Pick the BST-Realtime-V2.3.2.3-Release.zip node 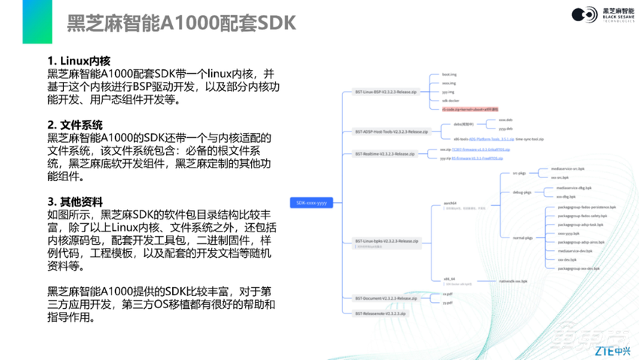(384, 153)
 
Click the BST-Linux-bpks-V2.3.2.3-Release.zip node (387, 241)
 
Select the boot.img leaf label (450, 75)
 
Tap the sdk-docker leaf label (451, 101)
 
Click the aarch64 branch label (450, 202)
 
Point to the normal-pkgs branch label (523, 237)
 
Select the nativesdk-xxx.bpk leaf (513, 281)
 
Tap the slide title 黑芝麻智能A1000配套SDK (181, 23)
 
